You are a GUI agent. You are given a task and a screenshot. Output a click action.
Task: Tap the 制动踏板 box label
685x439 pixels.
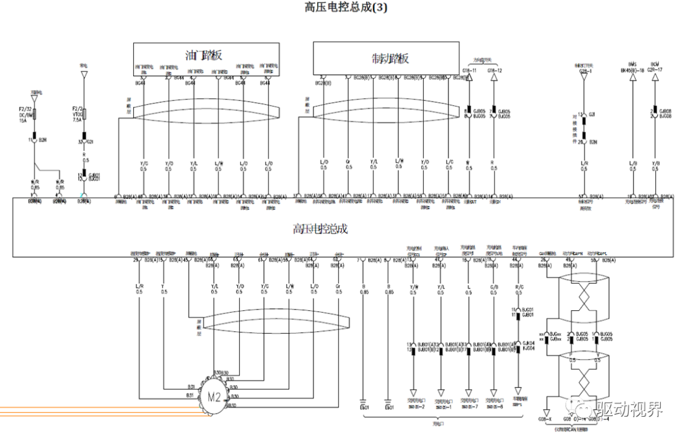tap(390, 58)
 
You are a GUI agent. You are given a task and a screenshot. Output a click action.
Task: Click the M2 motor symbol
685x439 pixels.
tap(213, 398)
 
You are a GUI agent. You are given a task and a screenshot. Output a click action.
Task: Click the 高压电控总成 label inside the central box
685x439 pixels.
tap(320, 229)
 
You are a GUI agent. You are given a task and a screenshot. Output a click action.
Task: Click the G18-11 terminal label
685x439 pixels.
tap(469, 70)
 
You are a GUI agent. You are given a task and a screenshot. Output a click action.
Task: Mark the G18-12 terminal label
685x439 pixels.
tap(494, 70)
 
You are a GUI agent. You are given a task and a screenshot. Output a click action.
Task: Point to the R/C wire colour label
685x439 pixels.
tap(519, 290)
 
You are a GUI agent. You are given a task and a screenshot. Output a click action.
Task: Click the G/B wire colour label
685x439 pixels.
tap(493, 290)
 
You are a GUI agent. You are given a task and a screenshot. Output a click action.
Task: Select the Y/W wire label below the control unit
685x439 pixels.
tap(414, 290)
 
